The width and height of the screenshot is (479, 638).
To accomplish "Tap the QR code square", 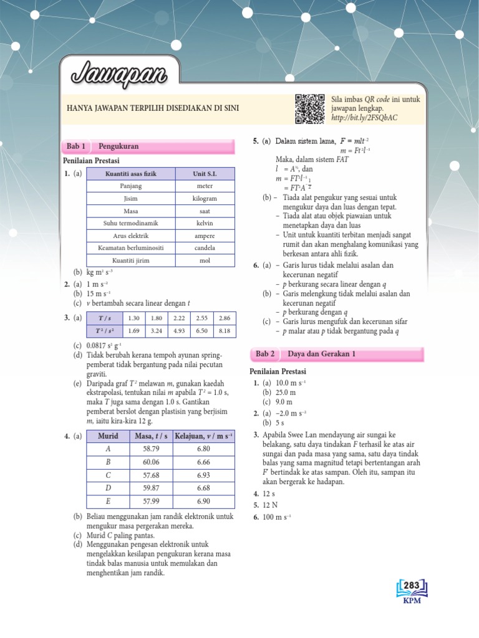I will click(310, 109).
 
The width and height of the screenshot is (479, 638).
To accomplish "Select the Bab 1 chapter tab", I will click(75, 146).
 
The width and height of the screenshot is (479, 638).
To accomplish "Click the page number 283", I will click(411, 585).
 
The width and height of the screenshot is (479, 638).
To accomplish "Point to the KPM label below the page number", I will click(412, 601).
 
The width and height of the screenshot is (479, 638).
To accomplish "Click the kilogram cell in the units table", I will click(205, 199).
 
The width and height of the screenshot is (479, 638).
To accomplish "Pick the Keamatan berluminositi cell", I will click(131, 248).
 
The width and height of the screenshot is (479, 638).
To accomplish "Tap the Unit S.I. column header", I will click(205, 174).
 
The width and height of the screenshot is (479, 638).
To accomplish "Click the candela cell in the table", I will click(205, 248).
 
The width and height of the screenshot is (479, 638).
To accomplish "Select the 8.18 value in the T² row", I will click(225, 331).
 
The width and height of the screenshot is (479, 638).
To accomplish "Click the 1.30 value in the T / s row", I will click(133, 318).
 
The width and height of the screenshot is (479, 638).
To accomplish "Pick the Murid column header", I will click(109, 435).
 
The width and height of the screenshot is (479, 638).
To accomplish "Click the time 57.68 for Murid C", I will click(152, 475).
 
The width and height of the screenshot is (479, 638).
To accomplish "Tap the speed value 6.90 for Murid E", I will click(204, 501).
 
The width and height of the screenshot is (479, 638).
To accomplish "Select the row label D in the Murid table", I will click(109, 488).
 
